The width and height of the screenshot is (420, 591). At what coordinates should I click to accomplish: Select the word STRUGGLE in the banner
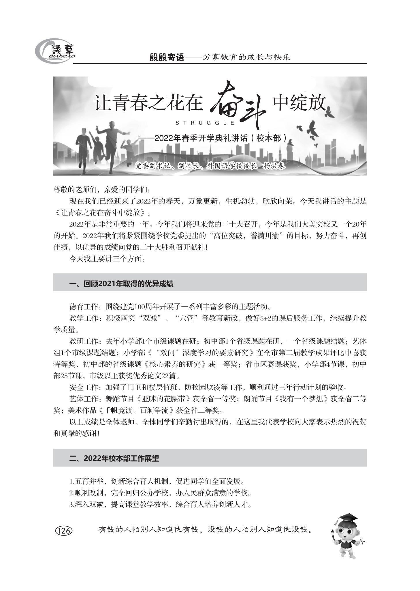click(205, 123)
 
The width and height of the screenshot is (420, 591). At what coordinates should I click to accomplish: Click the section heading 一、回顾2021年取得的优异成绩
click(121, 284)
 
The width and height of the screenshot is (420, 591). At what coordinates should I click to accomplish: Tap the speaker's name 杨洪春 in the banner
click(274, 166)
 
